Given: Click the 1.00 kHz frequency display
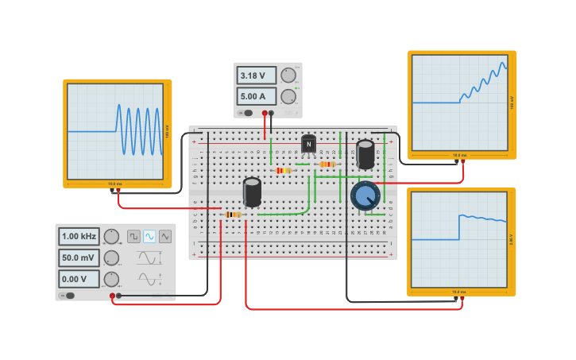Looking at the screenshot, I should click(x=79, y=236).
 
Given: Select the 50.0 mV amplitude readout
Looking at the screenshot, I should click(x=79, y=257).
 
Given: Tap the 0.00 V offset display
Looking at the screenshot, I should click(x=79, y=279).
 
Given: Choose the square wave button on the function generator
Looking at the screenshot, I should click(x=134, y=236).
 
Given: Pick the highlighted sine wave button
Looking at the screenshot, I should click(x=149, y=236).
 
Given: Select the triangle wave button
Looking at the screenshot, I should click(x=165, y=236).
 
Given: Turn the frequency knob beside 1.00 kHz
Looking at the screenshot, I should click(x=111, y=236).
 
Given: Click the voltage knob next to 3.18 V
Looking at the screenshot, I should click(x=288, y=75).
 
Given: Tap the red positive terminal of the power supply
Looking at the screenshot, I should click(x=265, y=113).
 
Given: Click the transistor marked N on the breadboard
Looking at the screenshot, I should click(x=308, y=144).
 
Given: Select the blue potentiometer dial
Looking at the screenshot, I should click(x=365, y=195).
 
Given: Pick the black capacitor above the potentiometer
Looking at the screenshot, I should click(x=365, y=154).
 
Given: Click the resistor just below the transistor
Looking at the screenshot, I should click(x=327, y=165).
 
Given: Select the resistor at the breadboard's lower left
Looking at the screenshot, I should click(x=232, y=215).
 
